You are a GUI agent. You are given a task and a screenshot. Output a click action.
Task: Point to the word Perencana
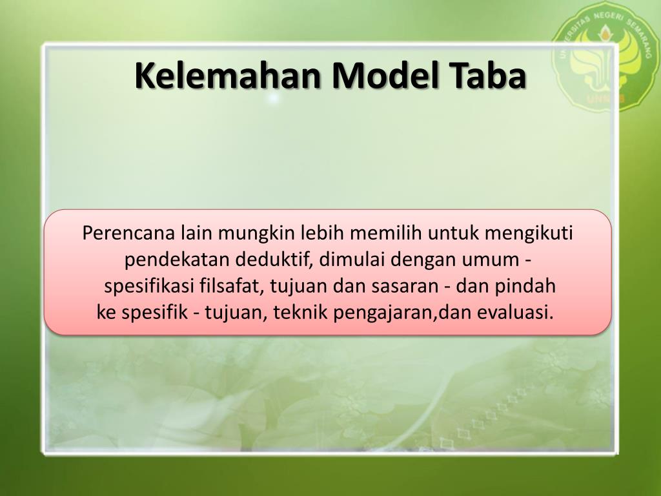129,232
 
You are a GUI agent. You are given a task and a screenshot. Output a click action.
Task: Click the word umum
490,260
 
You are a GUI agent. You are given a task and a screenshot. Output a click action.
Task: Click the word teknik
299,313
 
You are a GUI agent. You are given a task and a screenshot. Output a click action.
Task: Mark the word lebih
321,232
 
